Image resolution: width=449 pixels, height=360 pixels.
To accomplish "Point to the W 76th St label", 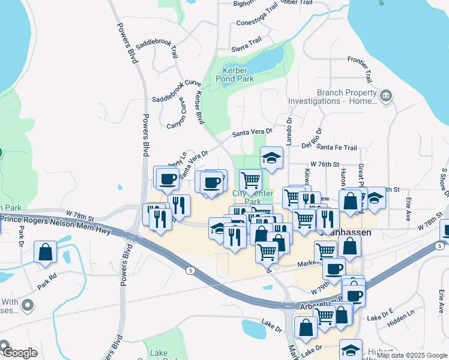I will (325, 164).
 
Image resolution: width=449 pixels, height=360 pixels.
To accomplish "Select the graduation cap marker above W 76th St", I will (271, 158).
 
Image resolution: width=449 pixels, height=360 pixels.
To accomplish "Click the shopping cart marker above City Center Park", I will (250, 179).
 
